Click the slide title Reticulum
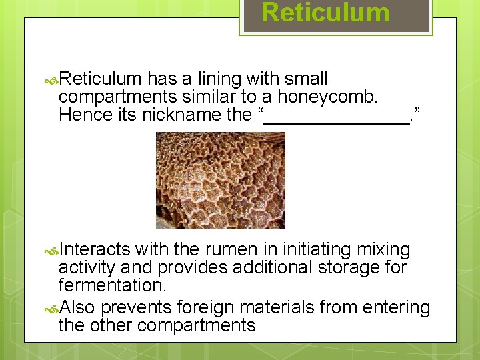pos(325,13)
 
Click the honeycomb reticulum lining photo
pos(220,180)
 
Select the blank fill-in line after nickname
pos(337,117)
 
